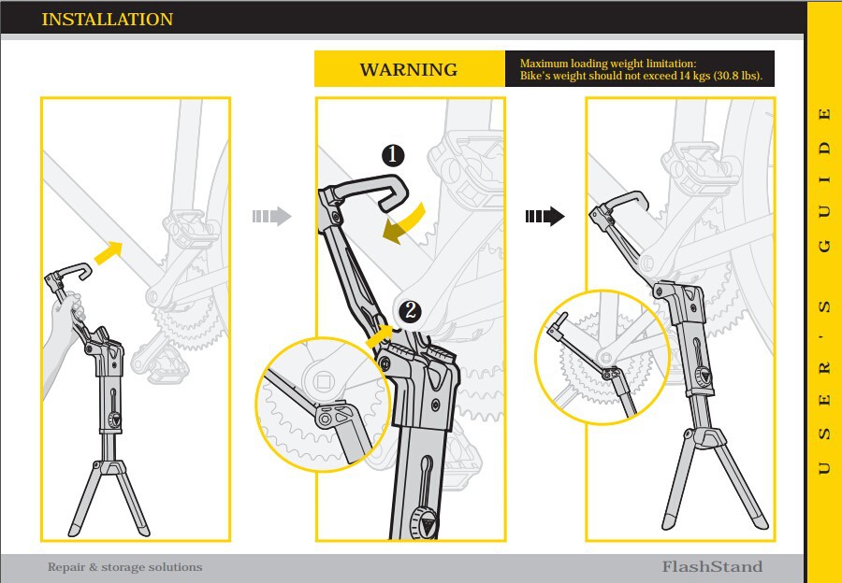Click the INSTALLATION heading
pyautogui.click(x=108, y=20)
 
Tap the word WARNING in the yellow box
pyautogui.click(x=409, y=70)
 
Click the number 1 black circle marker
pyautogui.click(x=393, y=155)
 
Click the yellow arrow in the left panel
pyautogui.click(x=110, y=249)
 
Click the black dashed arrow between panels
pyautogui.click(x=544, y=217)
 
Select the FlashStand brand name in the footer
pyautogui.click(x=712, y=566)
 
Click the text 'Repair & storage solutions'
pyautogui.click(x=124, y=567)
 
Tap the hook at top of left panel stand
pyautogui.click(x=72, y=274)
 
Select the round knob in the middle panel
pyautogui.click(x=424, y=523)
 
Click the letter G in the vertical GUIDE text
pyautogui.click(x=824, y=246)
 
